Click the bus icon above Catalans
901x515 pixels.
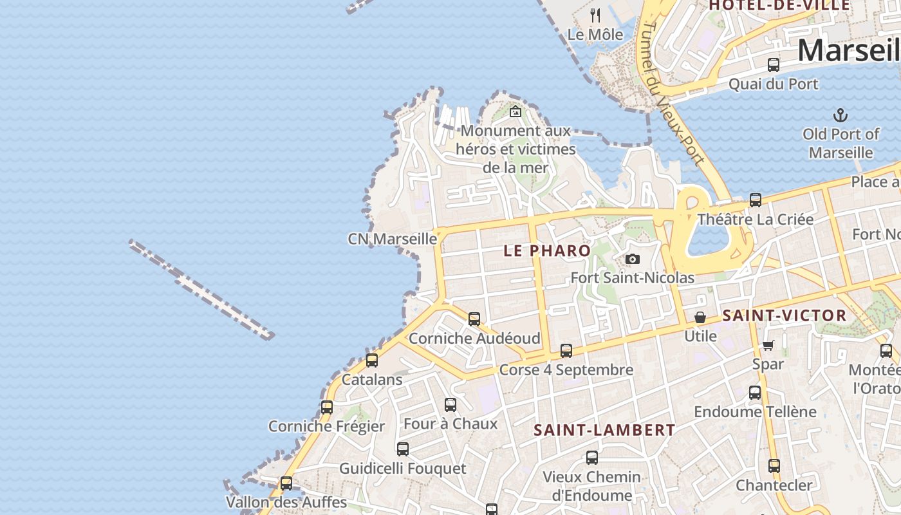pyautogui.click(x=372, y=360)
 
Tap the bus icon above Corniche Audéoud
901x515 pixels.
pyautogui.click(x=474, y=319)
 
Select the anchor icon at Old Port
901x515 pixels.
pyautogui.click(x=841, y=116)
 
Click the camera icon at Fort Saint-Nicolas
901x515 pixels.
pyautogui.click(x=633, y=259)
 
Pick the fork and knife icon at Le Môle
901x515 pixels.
pyautogui.click(x=595, y=15)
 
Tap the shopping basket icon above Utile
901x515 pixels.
pyautogui.click(x=700, y=317)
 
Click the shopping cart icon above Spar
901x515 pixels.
pyautogui.click(x=768, y=345)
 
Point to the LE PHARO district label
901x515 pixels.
pyautogui.click(x=547, y=250)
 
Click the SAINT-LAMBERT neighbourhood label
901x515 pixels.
pyautogui.click(x=604, y=430)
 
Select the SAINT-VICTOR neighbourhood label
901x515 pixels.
pyautogui.click(x=785, y=315)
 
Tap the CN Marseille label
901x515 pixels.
pyautogui.click(x=393, y=239)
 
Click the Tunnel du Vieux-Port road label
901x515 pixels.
pyautogui.click(x=673, y=93)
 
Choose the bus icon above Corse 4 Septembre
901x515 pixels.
pyautogui.click(x=566, y=351)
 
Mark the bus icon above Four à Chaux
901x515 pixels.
pyautogui.click(x=450, y=405)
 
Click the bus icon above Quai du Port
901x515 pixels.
pyautogui.click(x=774, y=65)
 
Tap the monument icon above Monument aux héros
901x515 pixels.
pyautogui.click(x=515, y=112)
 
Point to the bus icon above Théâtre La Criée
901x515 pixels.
pyautogui.click(x=756, y=200)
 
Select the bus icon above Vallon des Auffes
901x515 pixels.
pyautogui.click(x=286, y=483)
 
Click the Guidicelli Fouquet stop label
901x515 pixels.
pyautogui.click(x=402, y=468)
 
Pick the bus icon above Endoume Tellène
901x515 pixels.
pyautogui.click(x=755, y=392)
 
